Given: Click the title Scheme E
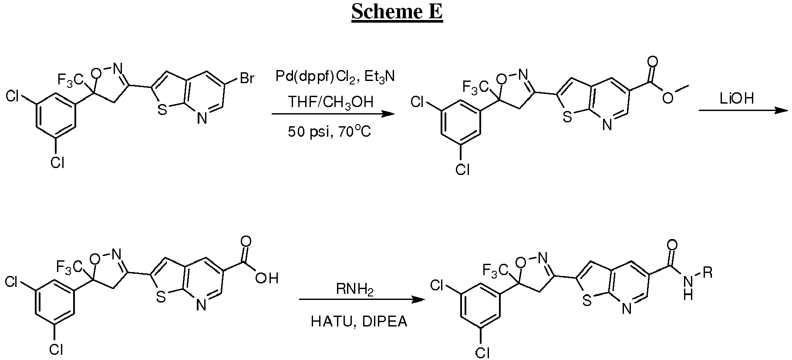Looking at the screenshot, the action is (x=397, y=12).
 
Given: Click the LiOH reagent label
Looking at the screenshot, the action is (x=736, y=99).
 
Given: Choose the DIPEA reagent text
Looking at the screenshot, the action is (x=385, y=322).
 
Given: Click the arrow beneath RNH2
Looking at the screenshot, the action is (x=361, y=300).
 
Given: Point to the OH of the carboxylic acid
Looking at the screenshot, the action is (x=266, y=278).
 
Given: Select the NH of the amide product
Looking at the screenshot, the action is (x=688, y=289).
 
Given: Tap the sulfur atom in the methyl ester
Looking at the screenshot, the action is (x=567, y=117).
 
